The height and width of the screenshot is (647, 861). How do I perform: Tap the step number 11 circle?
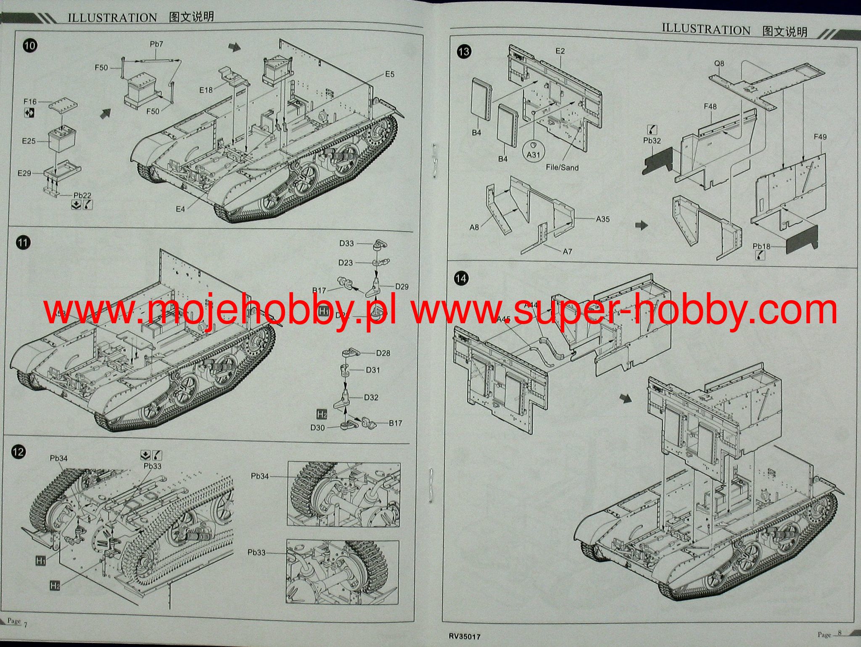(x=23, y=243)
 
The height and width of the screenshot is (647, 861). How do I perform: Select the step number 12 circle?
(x=19, y=452)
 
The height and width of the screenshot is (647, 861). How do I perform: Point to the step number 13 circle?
(x=464, y=52)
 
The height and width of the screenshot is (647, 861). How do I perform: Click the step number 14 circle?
(x=461, y=278)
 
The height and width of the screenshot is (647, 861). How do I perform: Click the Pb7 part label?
(x=156, y=44)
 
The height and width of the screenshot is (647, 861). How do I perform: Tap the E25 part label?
(x=29, y=141)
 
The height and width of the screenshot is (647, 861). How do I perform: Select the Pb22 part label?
(x=82, y=195)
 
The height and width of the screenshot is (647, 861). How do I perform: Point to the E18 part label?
(x=206, y=90)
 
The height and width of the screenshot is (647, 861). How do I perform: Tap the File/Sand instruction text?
(x=562, y=167)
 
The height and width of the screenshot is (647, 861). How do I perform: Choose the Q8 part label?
(x=719, y=63)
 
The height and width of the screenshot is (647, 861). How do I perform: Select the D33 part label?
(x=346, y=243)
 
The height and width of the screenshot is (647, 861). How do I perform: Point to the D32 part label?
(x=371, y=397)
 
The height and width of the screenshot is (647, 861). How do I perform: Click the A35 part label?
(x=602, y=219)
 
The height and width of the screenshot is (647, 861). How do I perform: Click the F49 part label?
(x=820, y=137)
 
